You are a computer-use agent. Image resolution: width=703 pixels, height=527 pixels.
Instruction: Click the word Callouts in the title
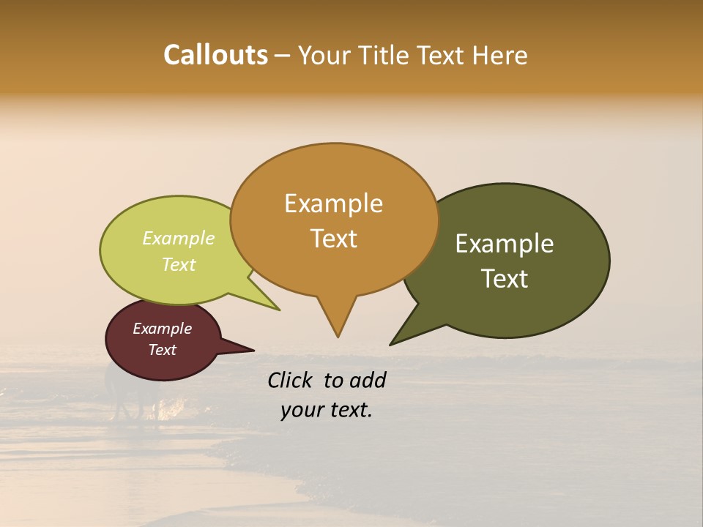[215, 56]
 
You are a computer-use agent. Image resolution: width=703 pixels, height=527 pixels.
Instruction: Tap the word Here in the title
[498, 56]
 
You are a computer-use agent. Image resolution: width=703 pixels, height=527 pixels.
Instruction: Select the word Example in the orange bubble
[333, 203]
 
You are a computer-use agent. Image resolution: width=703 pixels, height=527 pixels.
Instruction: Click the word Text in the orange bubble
[333, 239]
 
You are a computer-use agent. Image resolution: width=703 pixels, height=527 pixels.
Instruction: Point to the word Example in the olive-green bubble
[505, 244]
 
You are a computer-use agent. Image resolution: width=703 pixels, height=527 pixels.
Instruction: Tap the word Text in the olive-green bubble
[505, 279]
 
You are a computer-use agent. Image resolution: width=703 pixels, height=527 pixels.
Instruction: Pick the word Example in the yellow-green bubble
[179, 239]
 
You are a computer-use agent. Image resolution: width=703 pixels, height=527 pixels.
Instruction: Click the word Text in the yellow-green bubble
[179, 264]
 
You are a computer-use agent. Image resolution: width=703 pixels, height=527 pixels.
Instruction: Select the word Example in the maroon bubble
[163, 329]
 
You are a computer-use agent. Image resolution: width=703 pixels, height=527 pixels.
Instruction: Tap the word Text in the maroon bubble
[163, 350]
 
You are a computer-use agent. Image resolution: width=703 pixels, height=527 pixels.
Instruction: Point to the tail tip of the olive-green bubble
[391, 344]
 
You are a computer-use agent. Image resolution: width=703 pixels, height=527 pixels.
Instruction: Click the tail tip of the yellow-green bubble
[279, 310]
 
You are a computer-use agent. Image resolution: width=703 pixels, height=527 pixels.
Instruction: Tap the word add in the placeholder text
[368, 380]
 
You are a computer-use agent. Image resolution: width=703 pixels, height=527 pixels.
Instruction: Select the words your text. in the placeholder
[326, 411]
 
